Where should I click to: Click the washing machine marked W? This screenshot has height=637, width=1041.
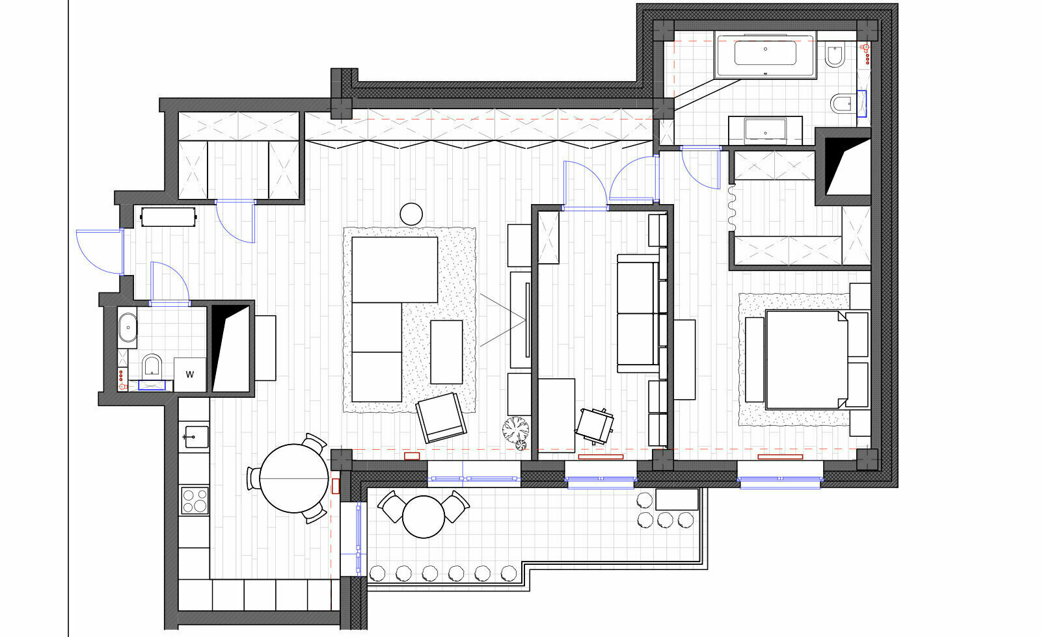click(189, 374)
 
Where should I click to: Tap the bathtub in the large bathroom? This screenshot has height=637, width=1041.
click(765, 54)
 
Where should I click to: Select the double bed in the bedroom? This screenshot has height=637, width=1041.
click(807, 360)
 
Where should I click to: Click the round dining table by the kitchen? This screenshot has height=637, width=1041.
click(293, 478)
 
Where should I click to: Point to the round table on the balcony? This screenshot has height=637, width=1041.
click(424, 517)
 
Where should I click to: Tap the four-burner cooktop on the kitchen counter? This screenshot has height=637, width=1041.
click(195, 500)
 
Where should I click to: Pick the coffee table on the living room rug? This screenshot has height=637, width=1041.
click(446, 352)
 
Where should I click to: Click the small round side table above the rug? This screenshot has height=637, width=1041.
click(411, 214)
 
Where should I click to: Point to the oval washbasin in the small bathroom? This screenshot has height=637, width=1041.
click(128, 328)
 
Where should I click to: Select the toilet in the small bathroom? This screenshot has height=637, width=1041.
click(152, 367)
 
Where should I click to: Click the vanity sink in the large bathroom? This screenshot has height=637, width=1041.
click(765, 131)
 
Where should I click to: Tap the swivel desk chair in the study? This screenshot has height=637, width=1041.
click(595, 426)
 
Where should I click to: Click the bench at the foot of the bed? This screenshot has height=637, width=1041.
click(754, 360)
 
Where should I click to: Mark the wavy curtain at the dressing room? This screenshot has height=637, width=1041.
click(732, 207)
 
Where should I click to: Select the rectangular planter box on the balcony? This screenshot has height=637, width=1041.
click(677, 499)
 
